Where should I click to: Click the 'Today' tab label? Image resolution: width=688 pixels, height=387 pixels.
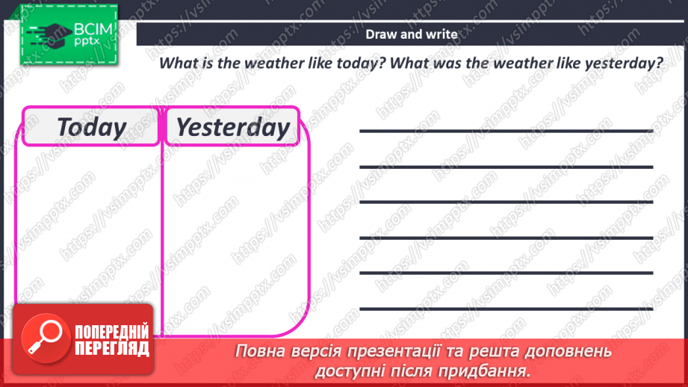[x=91, y=127]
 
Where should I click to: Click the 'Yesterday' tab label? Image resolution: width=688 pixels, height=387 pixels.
[x=232, y=127]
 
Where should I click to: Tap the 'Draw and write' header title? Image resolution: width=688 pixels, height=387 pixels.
[x=412, y=34]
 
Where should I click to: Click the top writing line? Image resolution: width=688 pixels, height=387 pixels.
[x=506, y=131]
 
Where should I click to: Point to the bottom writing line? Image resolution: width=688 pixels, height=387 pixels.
[x=506, y=308]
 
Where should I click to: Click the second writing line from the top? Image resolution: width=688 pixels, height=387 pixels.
[x=506, y=167]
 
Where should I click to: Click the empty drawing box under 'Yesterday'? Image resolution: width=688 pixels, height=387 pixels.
[x=235, y=224]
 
